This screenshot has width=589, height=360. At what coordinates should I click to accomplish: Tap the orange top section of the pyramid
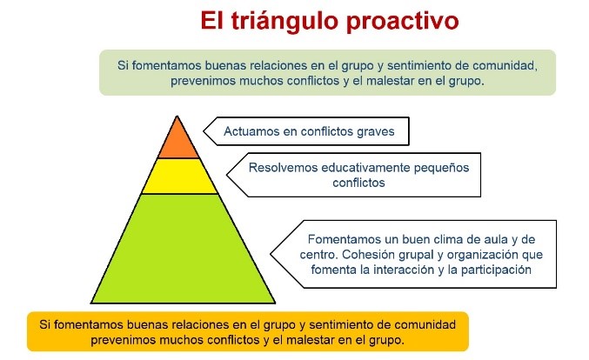click(x=179, y=139)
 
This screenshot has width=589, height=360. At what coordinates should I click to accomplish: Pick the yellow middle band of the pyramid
click(x=179, y=176)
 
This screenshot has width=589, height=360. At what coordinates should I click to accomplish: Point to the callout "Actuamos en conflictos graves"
click(x=309, y=132)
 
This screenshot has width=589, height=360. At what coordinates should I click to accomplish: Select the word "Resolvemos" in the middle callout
click(x=283, y=168)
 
